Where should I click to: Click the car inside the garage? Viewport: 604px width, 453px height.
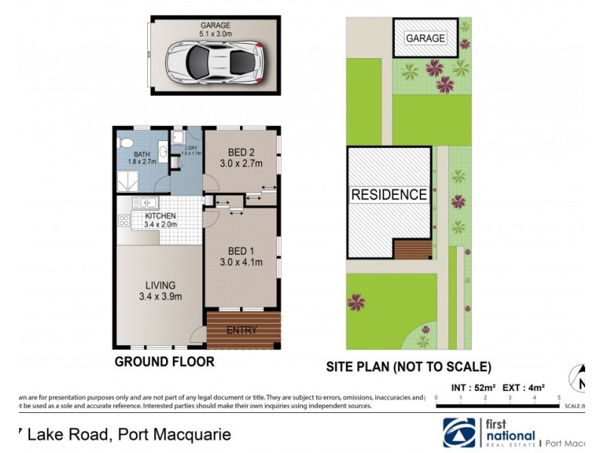click(x=213, y=60)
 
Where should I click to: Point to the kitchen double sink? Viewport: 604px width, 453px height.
click(x=143, y=202)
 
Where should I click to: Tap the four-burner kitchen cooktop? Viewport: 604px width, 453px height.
click(x=124, y=220)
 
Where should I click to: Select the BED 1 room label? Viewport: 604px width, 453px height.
click(x=241, y=257)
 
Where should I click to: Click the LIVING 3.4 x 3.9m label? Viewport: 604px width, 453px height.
click(x=160, y=290)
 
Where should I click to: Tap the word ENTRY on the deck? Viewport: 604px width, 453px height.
click(x=242, y=330)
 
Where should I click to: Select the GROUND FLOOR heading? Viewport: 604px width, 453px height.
click(x=164, y=362)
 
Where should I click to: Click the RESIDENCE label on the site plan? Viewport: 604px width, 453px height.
click(x=389, y=195)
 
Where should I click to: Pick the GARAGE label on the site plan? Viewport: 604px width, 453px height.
click(x=425, y=38)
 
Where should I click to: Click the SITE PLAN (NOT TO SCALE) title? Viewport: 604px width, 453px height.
click(x=408, y=368)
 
